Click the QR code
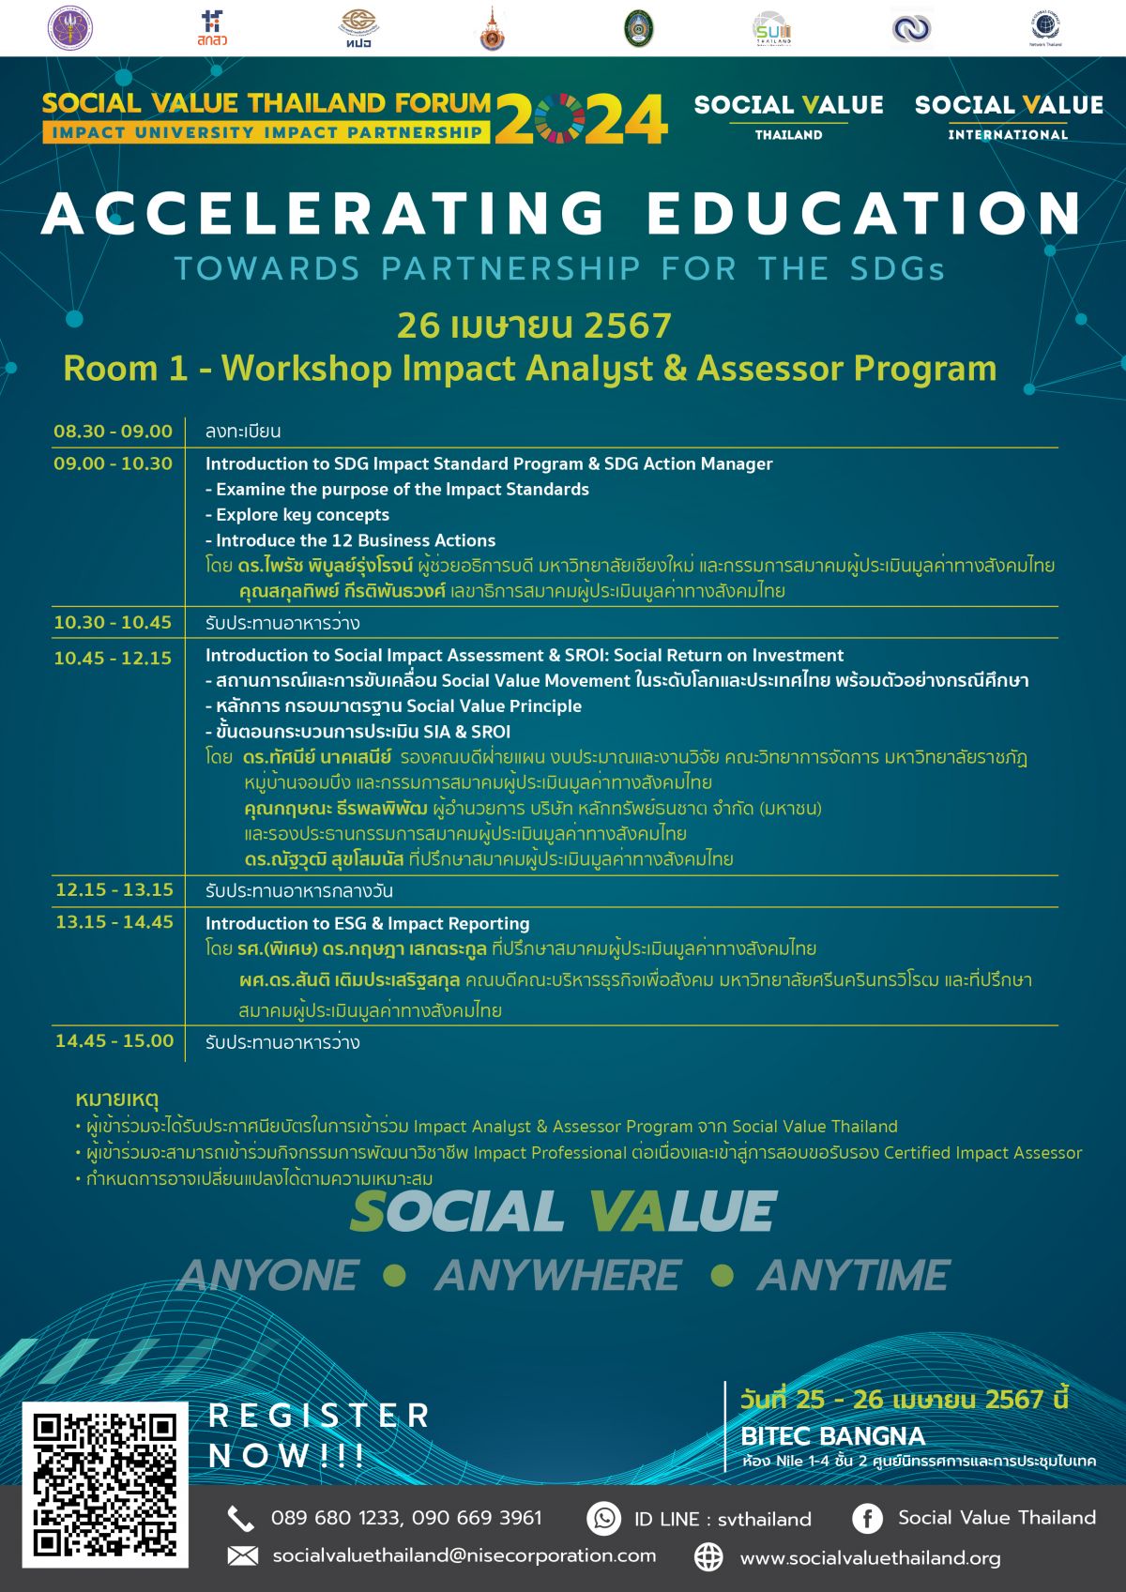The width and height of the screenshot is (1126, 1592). click(x=105, y=1485)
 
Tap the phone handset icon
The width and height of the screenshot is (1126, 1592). click(x=241, y=1518)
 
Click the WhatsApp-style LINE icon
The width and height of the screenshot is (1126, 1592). click(x=603, y=1518)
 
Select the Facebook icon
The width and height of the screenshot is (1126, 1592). click(x=866, y=1518)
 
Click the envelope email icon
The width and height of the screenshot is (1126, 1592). click(x=242, y=1556)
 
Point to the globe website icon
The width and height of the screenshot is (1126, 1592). click(x=708, y=1557)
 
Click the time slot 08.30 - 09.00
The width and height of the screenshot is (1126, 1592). click(x=113, y=432)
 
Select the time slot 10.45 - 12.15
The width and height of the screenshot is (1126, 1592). click(x=113, y=658)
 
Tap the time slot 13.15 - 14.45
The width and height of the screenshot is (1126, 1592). click(x=114, y=922)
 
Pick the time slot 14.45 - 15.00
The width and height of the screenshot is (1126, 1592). click(x=114, y=1040)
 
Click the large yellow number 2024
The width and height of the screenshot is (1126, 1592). click(x=582, y=119)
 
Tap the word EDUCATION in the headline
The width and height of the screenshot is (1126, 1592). click(x=863, y=214)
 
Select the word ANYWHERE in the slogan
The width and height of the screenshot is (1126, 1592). click(x=557, y=1276)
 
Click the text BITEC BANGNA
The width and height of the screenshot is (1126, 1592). click(x=832, y=1435)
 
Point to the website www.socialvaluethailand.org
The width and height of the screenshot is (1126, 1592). click(x=870, y=1558)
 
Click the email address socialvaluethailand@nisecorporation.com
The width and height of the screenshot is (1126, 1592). click(x=464, y=1555)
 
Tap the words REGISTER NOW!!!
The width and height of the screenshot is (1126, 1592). click(x=319, y=1434)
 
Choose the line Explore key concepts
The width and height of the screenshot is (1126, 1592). click(x=297, y=514)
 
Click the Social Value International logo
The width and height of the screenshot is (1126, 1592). click(x=1009, y=116)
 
